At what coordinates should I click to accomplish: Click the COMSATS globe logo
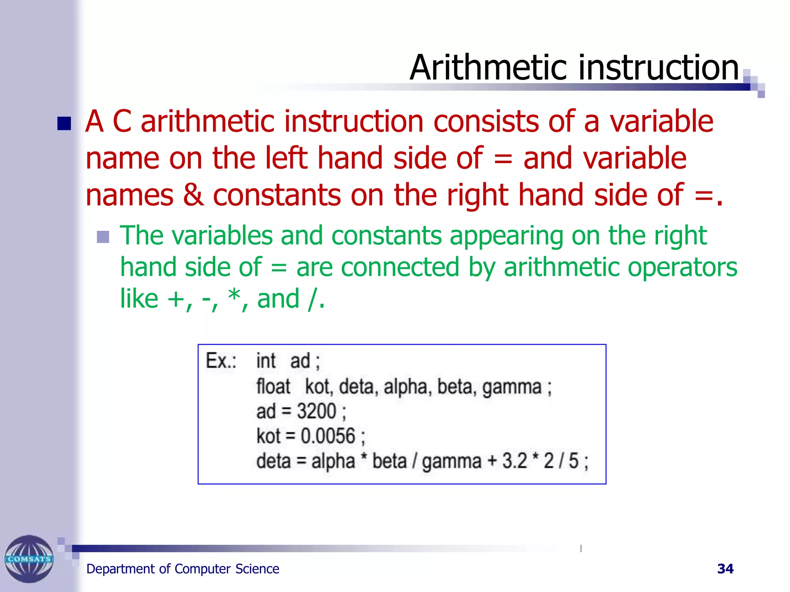click(x=29, y=559)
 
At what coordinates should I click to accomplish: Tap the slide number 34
click(x=725, y=569)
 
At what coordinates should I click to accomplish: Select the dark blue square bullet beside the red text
click(x=64, y=124)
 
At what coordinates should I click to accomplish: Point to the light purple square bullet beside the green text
click(x=103, y=237)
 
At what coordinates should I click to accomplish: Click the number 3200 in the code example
click(x=316, y=411)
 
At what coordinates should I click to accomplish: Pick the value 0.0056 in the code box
click(x=327, y=436)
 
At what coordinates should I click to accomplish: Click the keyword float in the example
click(x=273, y=387)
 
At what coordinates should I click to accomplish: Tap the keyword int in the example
click(x=266, y=361)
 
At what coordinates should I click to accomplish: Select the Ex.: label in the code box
click(x=221, y=361)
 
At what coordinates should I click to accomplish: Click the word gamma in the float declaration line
click(x=512, y=387)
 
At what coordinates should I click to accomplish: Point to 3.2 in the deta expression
click(x=514, y=461)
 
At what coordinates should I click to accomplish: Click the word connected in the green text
click(x=400, y=267)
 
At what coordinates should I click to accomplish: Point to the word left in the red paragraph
click(x=286, y=158)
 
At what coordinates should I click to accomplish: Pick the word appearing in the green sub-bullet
click(x=506, y=235)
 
